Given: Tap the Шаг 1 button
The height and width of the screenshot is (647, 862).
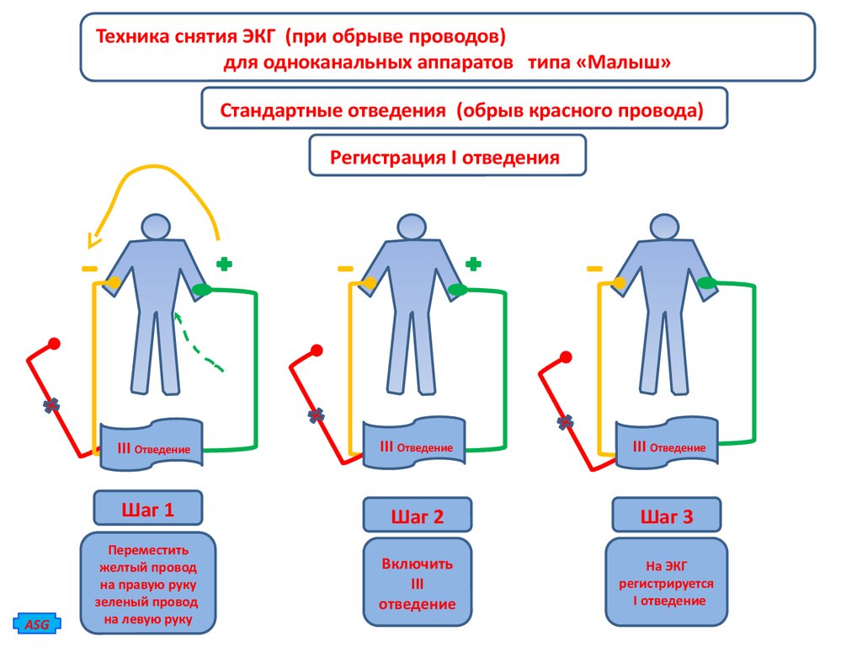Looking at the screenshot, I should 148,510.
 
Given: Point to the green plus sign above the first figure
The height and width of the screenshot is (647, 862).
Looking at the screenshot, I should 224,265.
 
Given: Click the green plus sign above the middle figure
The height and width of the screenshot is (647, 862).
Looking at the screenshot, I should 473,265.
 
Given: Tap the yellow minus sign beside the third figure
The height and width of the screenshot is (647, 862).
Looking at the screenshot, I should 594,269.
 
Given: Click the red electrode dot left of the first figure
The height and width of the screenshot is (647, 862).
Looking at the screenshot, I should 55,344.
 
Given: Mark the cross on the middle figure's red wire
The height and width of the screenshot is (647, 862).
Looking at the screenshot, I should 317,415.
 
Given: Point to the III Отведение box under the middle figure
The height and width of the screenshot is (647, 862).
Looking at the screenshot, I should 415,444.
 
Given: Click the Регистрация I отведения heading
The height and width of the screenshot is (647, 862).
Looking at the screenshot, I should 447,157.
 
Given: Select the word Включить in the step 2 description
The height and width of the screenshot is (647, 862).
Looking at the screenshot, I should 417,564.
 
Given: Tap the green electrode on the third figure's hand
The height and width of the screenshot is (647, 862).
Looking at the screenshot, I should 706,285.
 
